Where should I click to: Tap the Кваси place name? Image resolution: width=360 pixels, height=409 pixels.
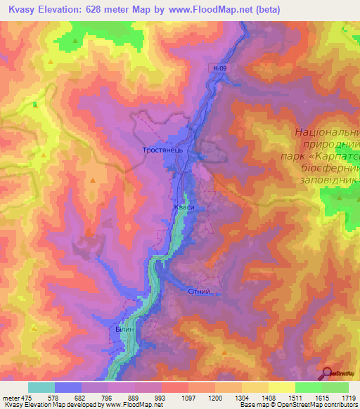point(184,207)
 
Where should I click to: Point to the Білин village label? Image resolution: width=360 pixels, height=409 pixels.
point(125,328)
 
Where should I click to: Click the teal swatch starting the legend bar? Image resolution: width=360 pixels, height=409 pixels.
point(41,387)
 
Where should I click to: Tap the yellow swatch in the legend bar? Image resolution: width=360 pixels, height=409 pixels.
point(281,387)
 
